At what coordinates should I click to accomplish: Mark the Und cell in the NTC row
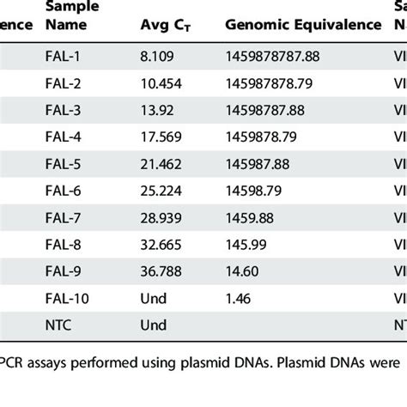(151, 331)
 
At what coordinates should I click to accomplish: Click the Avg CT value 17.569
(160, 143)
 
